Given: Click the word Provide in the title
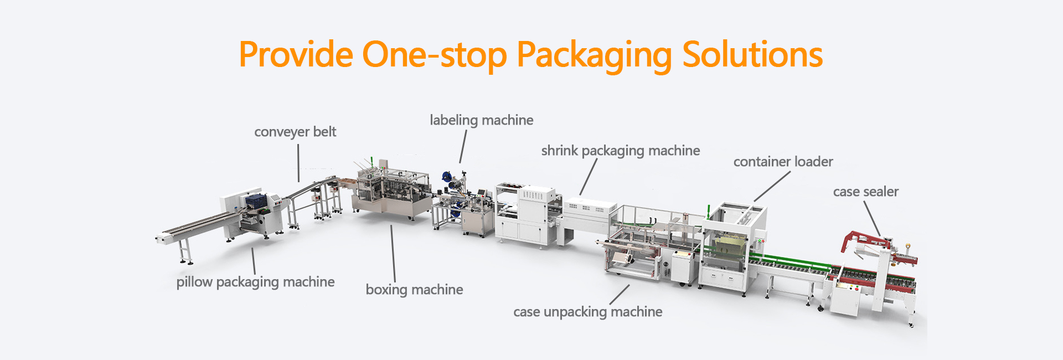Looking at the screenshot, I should click(296, 55).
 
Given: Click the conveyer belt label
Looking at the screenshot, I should click(295, 132).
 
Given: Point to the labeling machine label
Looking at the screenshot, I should click(481, 120).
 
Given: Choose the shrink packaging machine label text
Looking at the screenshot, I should click(620, 151).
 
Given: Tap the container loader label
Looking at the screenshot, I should click(783, 162).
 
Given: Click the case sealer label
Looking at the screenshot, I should click(865, 192).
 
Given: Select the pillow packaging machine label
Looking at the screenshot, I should click(255, 282).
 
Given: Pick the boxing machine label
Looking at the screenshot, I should click(414, 290).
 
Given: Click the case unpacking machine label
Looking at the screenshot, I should click(587, 312).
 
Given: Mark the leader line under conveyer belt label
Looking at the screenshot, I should click(298, 163).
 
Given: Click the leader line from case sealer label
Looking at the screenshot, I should click(872, 218).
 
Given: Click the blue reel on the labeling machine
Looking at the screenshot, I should click(446, 177).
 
